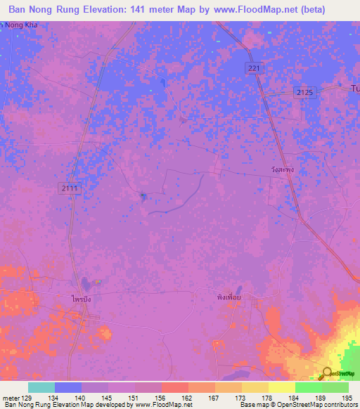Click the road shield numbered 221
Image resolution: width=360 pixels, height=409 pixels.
coord(254,67)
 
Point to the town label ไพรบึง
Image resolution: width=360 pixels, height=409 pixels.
coord(81,299)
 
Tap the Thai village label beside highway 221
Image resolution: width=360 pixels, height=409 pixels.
coord(281,169)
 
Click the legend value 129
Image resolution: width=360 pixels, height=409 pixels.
coord(29,397)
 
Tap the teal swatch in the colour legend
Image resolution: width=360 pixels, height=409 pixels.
coord(41,387)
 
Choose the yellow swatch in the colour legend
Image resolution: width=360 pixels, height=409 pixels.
coord(281,387)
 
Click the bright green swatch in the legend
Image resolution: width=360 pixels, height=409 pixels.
coord(308,387)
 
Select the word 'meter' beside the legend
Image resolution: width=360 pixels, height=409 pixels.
coord(10,397)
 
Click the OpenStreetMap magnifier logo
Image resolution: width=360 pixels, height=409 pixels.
coord(327,372)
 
